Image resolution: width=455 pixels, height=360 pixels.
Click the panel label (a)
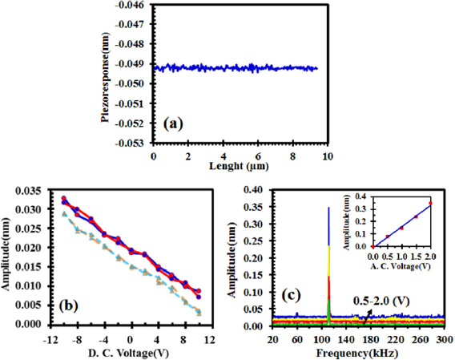[174, 124]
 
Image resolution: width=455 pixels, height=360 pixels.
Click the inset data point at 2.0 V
[430, 204]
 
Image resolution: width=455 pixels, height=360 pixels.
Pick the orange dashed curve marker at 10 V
[198, 312]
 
